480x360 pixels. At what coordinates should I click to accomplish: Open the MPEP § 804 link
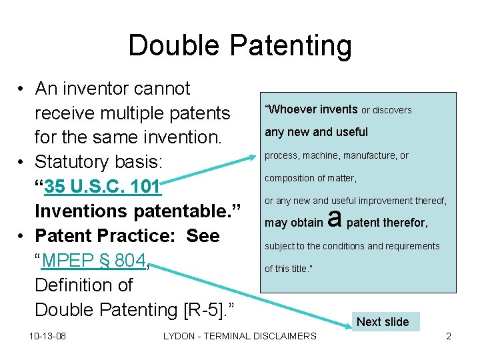click(93, 261)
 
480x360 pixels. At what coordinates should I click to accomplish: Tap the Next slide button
click(383, 322)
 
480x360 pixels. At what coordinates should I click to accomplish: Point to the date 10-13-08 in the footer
click(47, 336)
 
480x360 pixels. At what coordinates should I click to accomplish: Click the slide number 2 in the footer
click(449, 336)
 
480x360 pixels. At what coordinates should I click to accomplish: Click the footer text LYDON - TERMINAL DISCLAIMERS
click(240, 336)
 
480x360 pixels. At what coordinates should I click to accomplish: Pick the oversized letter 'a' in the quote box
click(335, 217)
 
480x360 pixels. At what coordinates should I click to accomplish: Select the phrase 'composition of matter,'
click(311, 178)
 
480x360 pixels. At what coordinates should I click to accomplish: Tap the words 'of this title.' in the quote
click(289, 269)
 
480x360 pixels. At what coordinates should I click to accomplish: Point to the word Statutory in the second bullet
click(75, 162)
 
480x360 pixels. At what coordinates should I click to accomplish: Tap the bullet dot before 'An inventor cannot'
click(22, 89)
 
